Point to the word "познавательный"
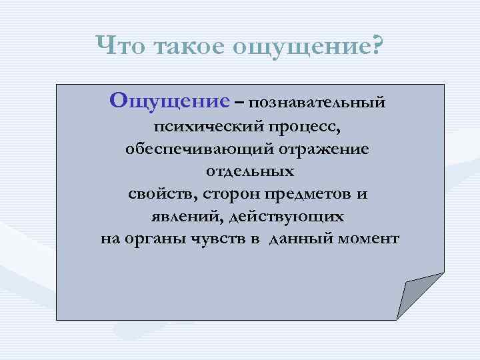point(319,103)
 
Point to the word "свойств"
point(159,194)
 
